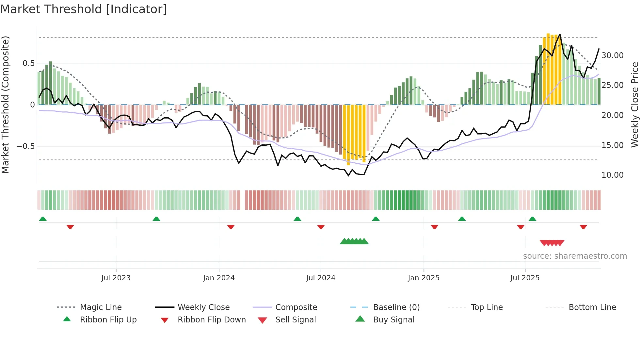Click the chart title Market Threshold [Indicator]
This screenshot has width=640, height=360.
point(84,9)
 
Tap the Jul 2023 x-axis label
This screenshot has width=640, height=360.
point(116,278)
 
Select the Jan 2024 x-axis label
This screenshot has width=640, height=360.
point(219,278)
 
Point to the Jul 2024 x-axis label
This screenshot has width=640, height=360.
point(321,278)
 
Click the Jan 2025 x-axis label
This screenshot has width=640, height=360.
point(424,278)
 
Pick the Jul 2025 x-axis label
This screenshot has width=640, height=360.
point(525,278)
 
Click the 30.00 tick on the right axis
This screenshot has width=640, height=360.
point(612,56)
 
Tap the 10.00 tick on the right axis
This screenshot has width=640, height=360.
point(612,175)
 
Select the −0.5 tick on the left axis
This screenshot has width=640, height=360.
point(26,146)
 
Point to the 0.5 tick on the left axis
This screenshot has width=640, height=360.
point(28,63)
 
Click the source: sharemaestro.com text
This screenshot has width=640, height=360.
point(575,256)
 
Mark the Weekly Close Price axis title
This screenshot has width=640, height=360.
point(634,105)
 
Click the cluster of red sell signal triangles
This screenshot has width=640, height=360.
point(552,243)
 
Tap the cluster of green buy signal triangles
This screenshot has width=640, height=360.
point(354,241)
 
